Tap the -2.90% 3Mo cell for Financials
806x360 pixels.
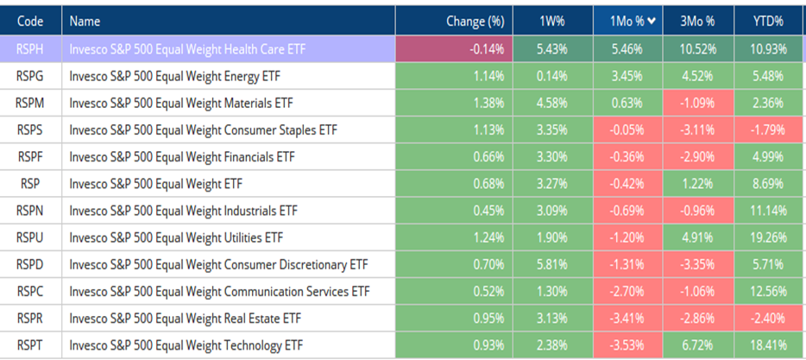coord(697,156)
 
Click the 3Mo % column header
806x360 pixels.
coord(697,20)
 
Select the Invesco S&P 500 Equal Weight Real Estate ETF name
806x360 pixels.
coord(184,317)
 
